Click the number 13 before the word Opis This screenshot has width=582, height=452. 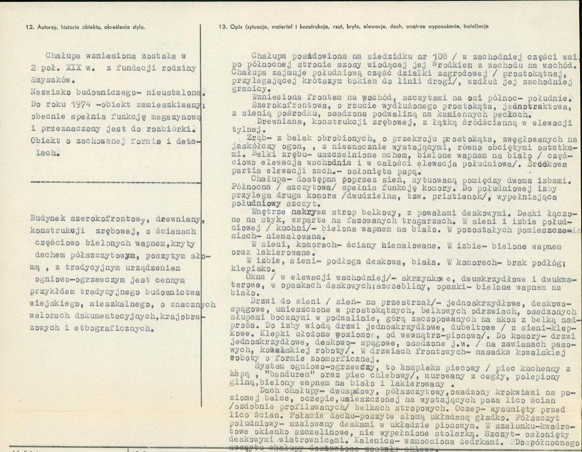coord(222,27)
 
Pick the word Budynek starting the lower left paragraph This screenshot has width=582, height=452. coord(47,219)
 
